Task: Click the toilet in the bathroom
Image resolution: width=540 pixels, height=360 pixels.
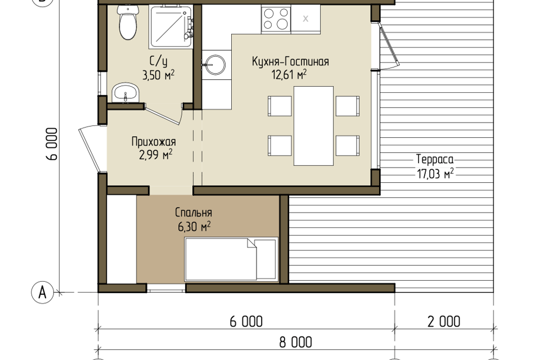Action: point(128,22)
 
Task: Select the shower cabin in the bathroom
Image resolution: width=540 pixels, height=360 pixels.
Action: point(171,26)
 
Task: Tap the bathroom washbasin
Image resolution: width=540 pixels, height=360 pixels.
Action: point(125,93)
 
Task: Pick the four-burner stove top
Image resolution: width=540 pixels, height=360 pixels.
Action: point(276,19)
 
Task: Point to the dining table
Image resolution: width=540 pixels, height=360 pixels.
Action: point(313,126)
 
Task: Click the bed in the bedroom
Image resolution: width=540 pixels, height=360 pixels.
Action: point(231,259)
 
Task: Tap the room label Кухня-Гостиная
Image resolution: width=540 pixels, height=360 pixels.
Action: point(290,62)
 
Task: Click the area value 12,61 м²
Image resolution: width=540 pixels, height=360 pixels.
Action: point(289,74)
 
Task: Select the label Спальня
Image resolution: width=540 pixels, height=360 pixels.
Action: point(193,213)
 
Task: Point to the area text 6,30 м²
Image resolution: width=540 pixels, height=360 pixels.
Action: point(194,227)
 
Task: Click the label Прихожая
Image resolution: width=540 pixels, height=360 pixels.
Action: point(154,142)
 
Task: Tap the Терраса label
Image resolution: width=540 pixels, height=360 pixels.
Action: point(435,159)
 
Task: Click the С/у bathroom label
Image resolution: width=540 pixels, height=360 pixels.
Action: point(159,61)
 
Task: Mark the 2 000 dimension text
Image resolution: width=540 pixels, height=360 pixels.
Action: point(444,321)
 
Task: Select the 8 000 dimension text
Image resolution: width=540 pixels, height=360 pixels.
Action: point(295,343)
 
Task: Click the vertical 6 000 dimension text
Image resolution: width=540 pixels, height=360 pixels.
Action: point(52,144)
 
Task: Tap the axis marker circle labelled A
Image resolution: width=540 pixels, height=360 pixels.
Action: point(42,292)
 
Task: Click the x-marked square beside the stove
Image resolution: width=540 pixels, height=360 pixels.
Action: point(305,19)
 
